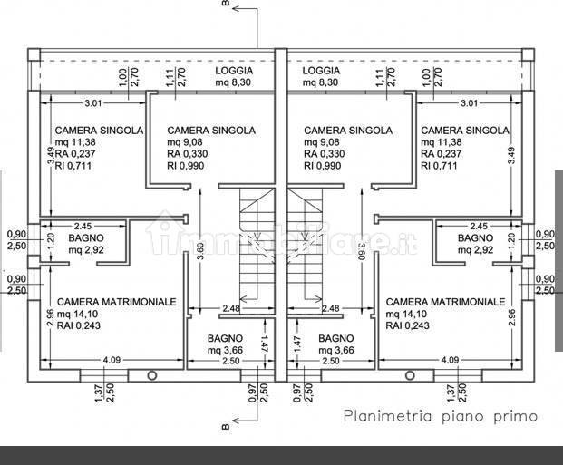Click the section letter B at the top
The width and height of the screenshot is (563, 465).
click(x=225, y=3)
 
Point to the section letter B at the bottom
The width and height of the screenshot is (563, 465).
click(x=225, y=426)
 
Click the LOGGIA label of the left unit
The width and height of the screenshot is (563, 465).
click(x=234, y=71)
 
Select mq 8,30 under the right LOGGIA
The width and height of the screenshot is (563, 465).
click(x=320, y=82)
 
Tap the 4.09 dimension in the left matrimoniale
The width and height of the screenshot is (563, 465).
click(x=112, y=360)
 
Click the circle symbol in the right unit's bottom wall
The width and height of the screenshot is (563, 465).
click(x=410, y=375)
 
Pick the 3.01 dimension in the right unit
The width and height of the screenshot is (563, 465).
click(x=470, y=103)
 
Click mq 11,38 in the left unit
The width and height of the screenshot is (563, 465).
click(x=75, y=142)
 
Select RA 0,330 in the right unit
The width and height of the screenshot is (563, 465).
click(x=325, y=154)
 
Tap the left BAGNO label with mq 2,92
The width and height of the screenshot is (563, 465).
click(x=86, y=237)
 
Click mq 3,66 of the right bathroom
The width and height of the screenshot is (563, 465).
click(x=336, y=350)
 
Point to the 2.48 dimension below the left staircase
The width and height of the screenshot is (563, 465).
click(x=231, y=308)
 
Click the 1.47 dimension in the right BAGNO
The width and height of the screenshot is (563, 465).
click(x=297, y=344)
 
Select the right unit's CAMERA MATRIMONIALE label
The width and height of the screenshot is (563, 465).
click(x=445, y=302)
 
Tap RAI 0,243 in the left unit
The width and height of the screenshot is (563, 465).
click(x=79, y=325)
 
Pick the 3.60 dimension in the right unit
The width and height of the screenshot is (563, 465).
click(x=362, y=251)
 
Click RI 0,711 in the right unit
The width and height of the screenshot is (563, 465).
click(x=439, y=166)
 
